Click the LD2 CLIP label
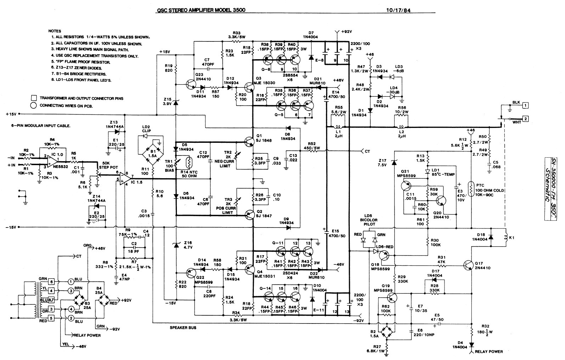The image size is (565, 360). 146,129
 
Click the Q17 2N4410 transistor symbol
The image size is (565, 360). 469,265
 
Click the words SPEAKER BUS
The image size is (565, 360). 183,328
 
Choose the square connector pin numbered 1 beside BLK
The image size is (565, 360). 526,105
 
